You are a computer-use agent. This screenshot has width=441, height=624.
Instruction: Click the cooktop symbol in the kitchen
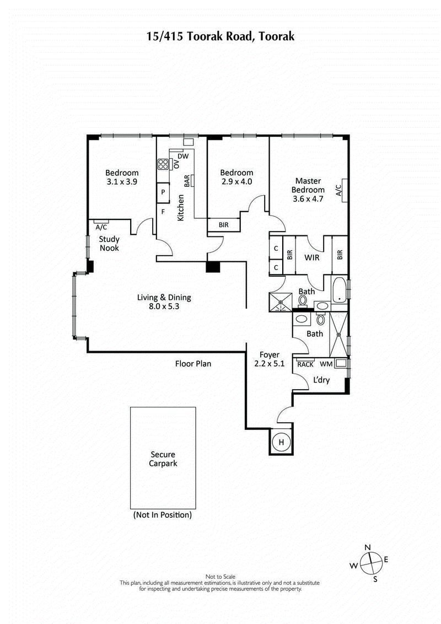[164, 164]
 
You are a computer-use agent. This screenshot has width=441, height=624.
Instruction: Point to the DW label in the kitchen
[184, 156]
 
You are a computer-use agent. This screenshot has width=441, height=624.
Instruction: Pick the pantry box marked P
[164, 192]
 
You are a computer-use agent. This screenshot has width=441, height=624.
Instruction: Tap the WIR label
[310, 257]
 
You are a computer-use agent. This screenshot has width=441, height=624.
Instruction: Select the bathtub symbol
[340, 290]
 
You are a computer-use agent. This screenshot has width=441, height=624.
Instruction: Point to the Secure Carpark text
[163, 459]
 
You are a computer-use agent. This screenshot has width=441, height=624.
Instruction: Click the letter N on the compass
[368, 547]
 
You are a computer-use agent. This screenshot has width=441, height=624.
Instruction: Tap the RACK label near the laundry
[305, 364]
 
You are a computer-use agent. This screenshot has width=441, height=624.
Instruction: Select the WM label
[326, 364]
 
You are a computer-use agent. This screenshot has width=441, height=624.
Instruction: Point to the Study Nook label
[109, 244]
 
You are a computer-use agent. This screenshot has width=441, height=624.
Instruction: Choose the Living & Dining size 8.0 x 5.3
[164, 307]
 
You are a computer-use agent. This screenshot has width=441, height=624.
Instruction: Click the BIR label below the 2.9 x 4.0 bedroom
[223, 225]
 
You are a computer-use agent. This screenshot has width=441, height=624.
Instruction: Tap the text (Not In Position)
[163, 515]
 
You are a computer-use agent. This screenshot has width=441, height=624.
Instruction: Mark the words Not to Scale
[220, 575]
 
